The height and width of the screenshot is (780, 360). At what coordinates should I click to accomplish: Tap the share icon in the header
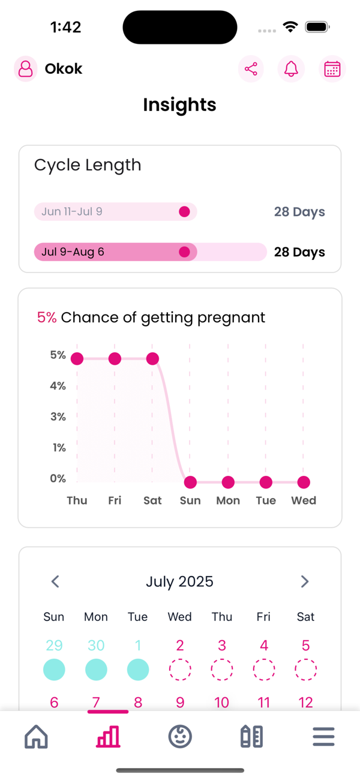tap(251, 69)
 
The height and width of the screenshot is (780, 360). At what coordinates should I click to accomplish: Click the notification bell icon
tap(291, 69)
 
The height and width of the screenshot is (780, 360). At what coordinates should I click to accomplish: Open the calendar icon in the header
tap(332, 69)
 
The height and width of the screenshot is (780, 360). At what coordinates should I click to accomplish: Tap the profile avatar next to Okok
tap(26, 69)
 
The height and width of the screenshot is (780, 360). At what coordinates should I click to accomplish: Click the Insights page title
tap(179, 105)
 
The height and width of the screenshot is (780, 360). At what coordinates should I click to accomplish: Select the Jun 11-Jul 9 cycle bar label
tap(72, 212)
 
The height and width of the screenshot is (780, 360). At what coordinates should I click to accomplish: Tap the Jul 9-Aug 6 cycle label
tap(73, 252)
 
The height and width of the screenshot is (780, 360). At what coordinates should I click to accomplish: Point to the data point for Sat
tap(152, 359)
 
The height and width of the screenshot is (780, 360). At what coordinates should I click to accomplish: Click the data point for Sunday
tap(190, 482)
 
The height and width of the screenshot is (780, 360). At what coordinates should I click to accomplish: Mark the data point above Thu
tap(77, 359)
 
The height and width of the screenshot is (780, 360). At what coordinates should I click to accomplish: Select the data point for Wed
tap(304, 482)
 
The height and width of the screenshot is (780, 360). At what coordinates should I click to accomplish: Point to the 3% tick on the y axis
tap(58, 416)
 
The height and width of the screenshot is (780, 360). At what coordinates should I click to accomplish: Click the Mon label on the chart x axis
tap(228, 500)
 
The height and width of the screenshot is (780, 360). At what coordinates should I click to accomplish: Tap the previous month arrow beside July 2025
tap(55, 581)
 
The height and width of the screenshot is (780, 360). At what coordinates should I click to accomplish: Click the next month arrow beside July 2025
tap(304, 581)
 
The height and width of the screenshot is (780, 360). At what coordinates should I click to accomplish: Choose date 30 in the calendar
tap(96, 646)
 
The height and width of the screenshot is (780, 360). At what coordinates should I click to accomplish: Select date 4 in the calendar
tap(263, 646)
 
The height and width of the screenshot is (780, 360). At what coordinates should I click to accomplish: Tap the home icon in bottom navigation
tap(36, 736)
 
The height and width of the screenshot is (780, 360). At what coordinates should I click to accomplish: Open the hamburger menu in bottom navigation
tap(323, 736)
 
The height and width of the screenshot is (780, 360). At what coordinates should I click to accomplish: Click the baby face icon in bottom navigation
tap(180, 736)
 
